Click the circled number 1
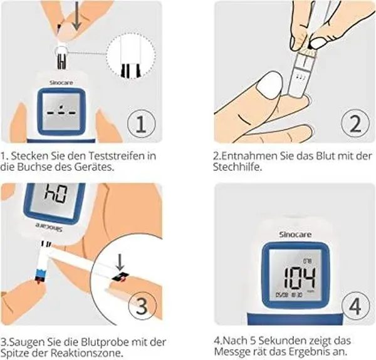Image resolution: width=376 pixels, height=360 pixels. point(141,124)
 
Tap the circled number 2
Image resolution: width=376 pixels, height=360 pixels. point(355,123)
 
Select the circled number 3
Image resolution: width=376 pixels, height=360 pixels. point(142,306)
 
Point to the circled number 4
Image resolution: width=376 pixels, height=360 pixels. point(355,306)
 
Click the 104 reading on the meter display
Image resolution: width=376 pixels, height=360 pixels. point(300,277)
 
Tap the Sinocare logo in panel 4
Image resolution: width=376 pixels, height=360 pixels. point(295,235)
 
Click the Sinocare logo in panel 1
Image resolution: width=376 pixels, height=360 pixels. point(61,83)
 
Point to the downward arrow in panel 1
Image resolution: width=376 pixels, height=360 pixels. point(76,16)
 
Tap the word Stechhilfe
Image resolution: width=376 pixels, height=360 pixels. point(238,167)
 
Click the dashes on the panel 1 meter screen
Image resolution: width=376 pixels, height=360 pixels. point(61,111)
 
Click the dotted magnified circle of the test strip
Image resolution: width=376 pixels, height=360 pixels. point(131,56)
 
